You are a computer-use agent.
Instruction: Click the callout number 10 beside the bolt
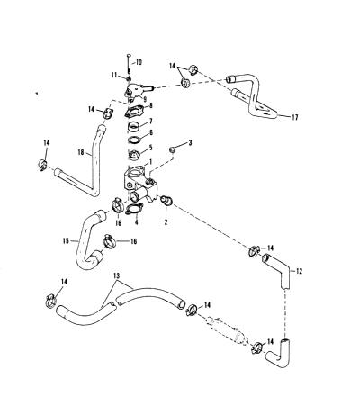pos(139,63)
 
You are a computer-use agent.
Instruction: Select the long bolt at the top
pos(129,64)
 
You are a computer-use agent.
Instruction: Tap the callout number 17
pos(295,117)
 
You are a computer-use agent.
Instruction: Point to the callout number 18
pos(80,152)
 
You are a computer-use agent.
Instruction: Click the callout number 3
pos(189,142)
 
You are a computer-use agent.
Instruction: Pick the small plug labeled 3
pos(173,149)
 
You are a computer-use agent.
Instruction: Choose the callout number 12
pos(299,271)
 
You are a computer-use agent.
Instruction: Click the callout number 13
pos(117,275)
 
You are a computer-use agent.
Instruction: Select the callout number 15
pos(66,240)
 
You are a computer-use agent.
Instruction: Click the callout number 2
pos(166,221)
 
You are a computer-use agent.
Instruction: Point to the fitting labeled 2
pos(166,200)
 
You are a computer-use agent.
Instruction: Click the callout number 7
pos(150,122)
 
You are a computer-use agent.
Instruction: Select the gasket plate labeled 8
pos(133,113)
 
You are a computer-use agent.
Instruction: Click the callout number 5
pos(150,148)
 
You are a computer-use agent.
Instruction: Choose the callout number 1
pos(150,162)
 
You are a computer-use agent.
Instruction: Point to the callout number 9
pos(145,98)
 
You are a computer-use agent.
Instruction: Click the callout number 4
pos(137,222)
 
